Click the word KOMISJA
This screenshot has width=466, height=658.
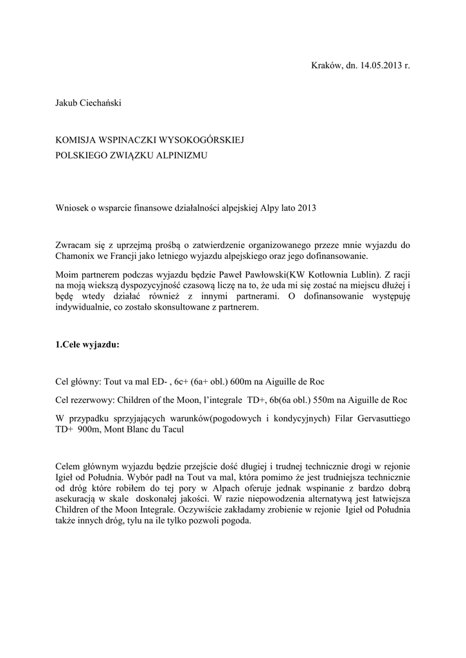(76, 139)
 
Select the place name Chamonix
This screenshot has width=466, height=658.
(76, 256)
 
